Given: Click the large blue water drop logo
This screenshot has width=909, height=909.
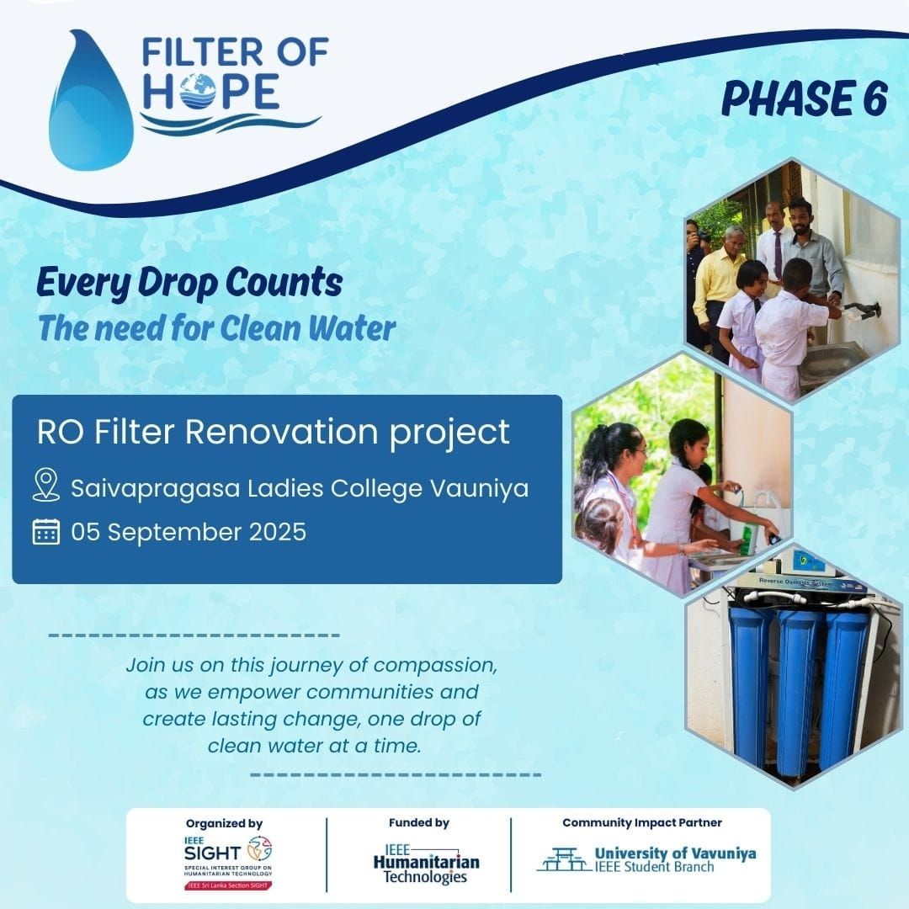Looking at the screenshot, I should pos(91,105).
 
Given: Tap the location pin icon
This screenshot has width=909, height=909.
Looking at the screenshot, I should pos(45,486).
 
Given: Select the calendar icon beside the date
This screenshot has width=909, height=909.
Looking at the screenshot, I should pos(45,532).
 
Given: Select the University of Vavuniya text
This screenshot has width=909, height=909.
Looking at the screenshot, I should pos(675,853).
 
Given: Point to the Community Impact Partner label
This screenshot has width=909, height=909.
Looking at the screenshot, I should pos(641,822).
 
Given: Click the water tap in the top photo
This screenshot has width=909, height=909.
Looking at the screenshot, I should pos(862,309).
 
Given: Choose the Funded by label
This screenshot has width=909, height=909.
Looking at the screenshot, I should pos(418,822).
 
